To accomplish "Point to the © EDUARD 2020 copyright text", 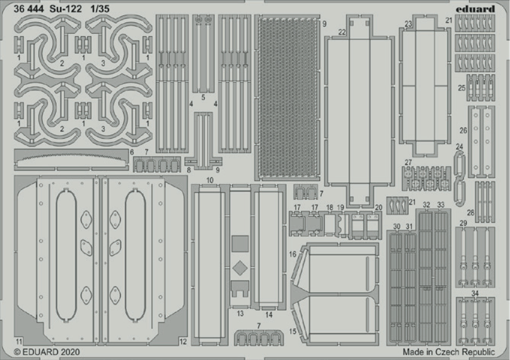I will click(47, 351).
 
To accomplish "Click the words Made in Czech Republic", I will click(449, 351).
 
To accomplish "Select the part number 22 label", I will click(342, 32).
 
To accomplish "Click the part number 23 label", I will click(408, 24).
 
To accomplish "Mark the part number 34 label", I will click(475, 293).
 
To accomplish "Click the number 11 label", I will click(19, 342).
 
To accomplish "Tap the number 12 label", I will click(183, 342).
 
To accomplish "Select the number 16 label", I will click(292, 254).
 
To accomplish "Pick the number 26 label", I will click(463, 130).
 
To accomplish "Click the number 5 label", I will click(203, 97).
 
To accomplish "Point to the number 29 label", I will click(463, 223).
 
